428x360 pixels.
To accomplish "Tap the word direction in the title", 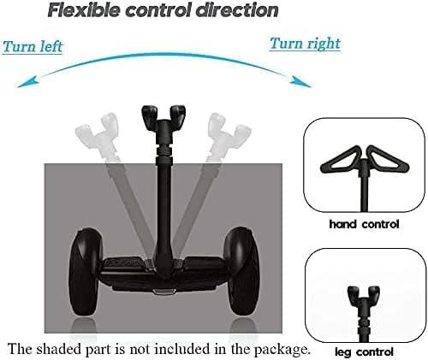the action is [x=237, y=10].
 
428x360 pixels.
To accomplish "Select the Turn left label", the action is [x=33, y=46].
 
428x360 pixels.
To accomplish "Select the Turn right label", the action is [x=305, y=44].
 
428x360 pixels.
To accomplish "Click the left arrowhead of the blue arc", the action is [x=27, y=82].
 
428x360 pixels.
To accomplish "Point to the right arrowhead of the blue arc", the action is [x=300, y=81].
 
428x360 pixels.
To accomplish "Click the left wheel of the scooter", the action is [x=86, y=271].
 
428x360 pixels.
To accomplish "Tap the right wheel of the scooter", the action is [x=242, y=271].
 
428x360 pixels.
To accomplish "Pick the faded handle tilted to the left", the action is [x=98, y=134].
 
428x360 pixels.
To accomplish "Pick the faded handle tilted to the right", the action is [x=229, y=134].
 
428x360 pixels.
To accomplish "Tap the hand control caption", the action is [x=364, y=224].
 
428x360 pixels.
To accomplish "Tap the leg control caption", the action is [x=364, y=352].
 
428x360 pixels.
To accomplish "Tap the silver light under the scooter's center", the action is [x=163, y=292].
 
